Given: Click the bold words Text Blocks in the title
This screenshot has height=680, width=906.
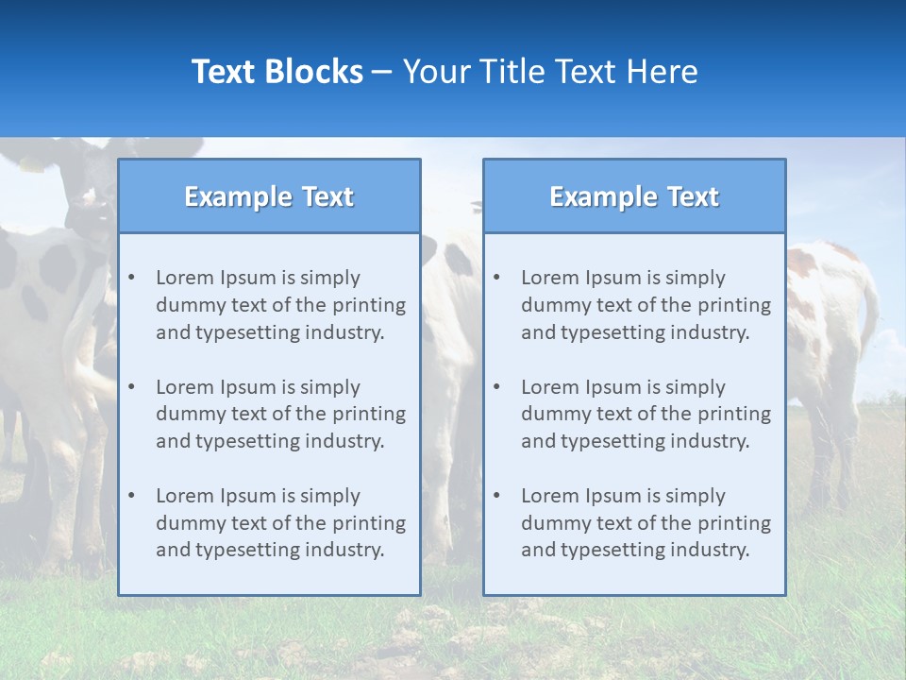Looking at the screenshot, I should [277, 72].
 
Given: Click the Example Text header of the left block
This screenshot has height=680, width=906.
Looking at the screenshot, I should [269, 196].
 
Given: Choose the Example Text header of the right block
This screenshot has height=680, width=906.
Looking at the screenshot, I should [634, 196].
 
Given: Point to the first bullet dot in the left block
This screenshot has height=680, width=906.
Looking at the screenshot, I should [131, 278].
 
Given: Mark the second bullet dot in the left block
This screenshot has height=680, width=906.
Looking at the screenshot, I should [131, 387].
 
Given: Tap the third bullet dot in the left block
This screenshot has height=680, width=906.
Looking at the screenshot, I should [131, 496].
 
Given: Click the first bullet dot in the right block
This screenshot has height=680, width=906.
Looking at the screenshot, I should [496, 278].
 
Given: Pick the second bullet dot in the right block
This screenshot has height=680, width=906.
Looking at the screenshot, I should [496, 387].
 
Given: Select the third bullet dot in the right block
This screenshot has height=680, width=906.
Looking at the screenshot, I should [496, 496].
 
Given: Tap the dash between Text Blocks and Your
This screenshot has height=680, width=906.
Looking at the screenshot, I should [382, 73].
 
